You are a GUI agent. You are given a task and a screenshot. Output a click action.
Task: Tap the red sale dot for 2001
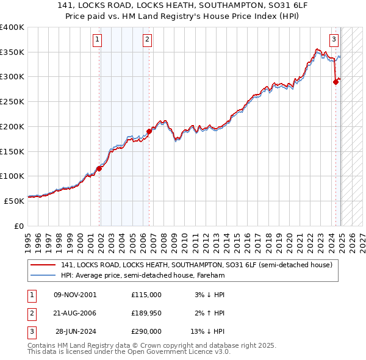[x=99, y=169]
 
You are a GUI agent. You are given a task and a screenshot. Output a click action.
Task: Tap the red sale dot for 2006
[x=149, y=131]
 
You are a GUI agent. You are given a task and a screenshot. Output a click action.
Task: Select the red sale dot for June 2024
[x=335, y=82]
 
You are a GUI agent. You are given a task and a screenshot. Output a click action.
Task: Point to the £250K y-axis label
[x=12, y=101]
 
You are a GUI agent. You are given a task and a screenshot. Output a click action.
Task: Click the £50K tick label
[x=14, y=200]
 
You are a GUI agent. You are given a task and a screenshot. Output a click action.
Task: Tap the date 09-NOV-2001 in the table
[x=75, y=295]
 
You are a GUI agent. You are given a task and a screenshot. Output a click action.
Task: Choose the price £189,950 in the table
[x=146, y=313]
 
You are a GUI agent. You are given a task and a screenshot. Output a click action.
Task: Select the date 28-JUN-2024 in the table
[x=75, y=331]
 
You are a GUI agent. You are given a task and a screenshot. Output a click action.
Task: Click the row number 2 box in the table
[x=31, y=313]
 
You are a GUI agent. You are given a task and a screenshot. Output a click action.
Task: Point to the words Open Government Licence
[x=176, y=351]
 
